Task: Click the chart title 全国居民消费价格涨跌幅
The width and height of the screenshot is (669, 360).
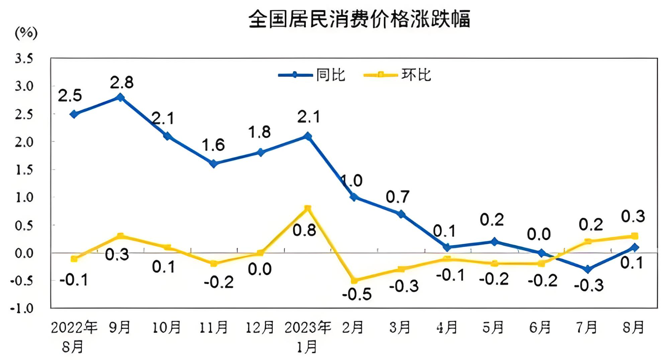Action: click(x=359, y=19)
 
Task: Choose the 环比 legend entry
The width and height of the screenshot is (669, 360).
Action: click(x=398, y=75)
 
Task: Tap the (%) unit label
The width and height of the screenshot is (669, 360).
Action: click(x=26, y=33)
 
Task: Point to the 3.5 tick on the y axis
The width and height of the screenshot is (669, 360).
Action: click(x=24, y=58)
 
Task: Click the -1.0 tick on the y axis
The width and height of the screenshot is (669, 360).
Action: click(x=22, y=308)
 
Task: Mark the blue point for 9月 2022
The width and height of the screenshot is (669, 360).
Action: click(x=120, y=98)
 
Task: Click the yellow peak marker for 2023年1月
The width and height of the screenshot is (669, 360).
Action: click(x=307, y=209)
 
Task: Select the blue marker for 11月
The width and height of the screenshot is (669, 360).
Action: click(x=214, y=164)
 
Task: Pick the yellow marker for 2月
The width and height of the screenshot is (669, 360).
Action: click(x=354, y=281)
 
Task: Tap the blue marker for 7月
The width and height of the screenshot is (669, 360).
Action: click(x=588, y=269)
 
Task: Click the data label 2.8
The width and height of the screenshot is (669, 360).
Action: click(x=121, y=83)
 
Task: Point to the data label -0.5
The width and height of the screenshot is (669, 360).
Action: click(x=357, y=294)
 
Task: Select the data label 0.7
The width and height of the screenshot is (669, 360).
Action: click(x=398, y=197)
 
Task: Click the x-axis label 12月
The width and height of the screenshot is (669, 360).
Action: click(x=260, y=328)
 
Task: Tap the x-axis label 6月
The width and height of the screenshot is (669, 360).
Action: click(x=540, y=328)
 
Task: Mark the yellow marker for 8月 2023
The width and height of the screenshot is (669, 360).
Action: click(x=635, y=236)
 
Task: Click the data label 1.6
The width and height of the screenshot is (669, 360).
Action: click(x=213, y=145)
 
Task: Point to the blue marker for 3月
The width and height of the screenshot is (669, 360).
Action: click(x=401, y=214)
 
